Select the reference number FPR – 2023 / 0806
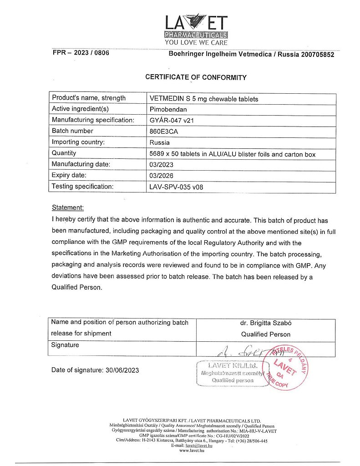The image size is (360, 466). tap(81, 53)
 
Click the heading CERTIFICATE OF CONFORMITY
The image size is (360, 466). tap(196, 77)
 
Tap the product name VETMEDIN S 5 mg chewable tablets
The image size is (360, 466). tap(204, 99)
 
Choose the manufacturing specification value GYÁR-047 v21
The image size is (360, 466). tap(174, 120)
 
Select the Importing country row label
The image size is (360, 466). tap(78, 142)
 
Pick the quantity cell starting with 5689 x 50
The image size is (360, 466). tap(232, 154)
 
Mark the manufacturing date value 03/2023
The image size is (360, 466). tap(161, 164)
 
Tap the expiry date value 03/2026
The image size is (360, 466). tap(161, 176)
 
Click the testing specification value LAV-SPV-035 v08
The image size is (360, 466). tap(176, 187)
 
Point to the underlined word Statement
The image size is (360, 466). tap(67, 208)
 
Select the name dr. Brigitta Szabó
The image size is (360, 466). tap(265, 323)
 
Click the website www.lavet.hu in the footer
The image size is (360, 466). tap(192, 451)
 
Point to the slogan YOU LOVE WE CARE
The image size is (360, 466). tap(196, 43)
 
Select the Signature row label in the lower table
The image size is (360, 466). tap(65, 345)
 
